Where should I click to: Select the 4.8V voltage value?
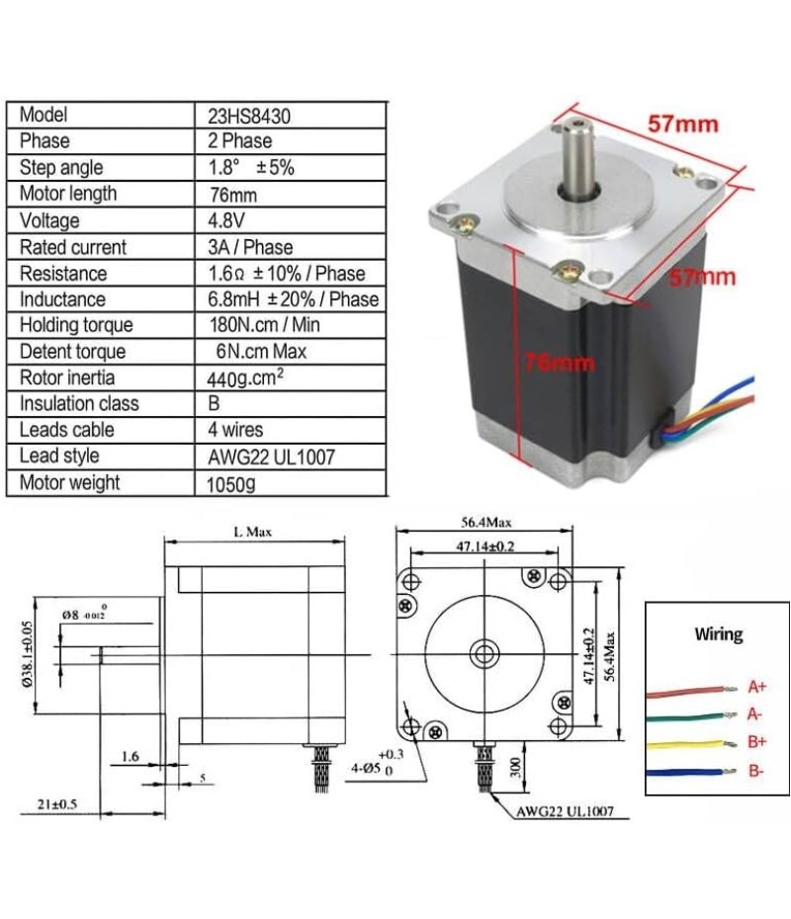(223, 220)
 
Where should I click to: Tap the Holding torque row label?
(76, 325)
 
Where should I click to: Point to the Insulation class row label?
(80, 403)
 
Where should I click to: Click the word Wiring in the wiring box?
(718, 633)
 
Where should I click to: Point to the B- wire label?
(756, 771)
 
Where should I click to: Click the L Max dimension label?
(252, 532)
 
